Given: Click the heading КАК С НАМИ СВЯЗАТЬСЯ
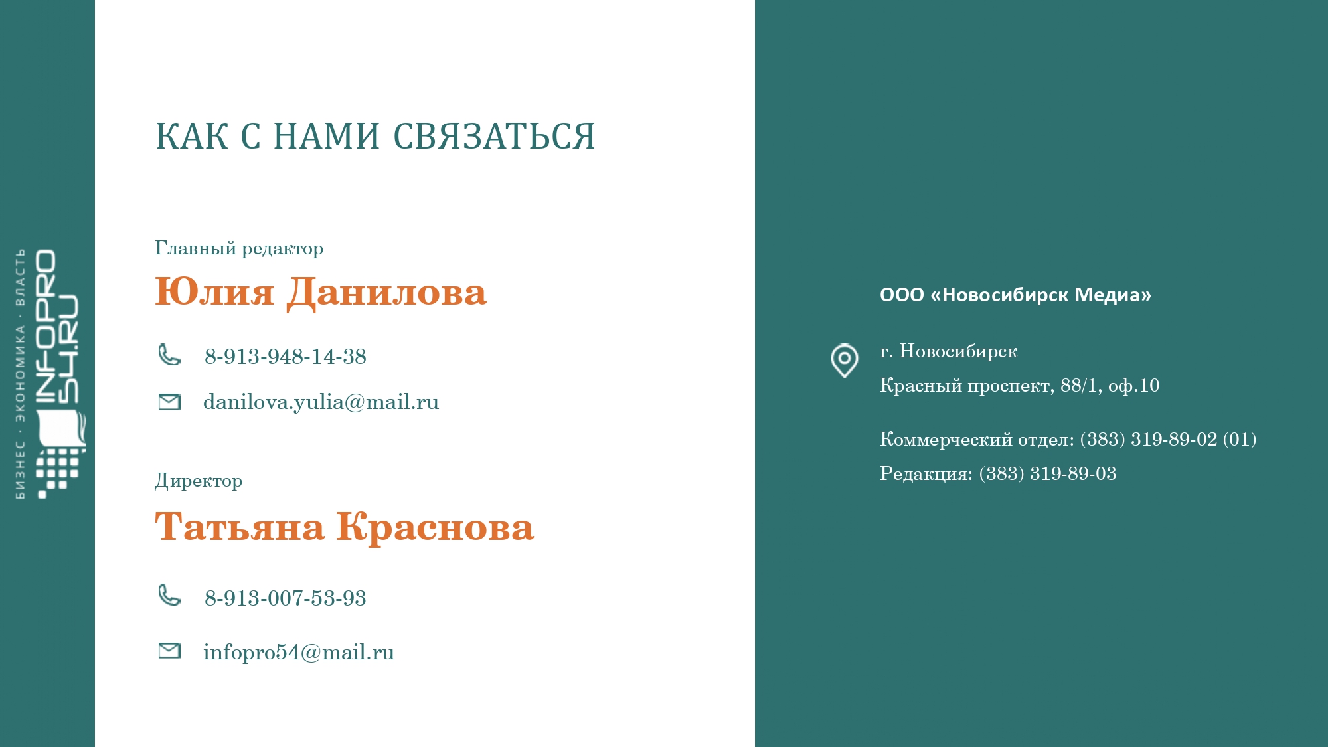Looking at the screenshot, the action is (375, 136).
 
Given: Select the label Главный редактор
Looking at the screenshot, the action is (239, 248).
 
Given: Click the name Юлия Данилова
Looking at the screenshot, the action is (321, 292).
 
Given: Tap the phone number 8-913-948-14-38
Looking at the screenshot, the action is (286, 357).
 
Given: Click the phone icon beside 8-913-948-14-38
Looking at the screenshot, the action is (169, 355).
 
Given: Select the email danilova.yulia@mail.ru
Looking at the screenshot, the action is (321, 402).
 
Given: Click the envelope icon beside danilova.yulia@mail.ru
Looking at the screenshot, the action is (169, 402).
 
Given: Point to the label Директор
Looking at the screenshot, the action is (199, 481).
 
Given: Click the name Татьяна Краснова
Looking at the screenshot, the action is (344, 527).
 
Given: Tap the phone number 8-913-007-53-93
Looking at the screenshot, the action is (286, 598).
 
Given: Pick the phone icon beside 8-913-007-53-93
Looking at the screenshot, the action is (169, 595).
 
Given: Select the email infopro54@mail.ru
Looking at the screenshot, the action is (299, 653).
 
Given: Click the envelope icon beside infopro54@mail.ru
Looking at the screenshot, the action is (169, 651).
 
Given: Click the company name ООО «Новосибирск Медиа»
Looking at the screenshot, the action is (1015, 295).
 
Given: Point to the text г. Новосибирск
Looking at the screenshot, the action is (948, 351).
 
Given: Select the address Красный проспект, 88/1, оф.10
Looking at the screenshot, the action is (1020, 386).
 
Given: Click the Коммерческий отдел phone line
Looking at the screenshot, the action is (1068, 440).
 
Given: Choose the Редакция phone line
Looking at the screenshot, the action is (998, 474).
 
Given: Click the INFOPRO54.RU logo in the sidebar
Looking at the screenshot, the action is (50, 374).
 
